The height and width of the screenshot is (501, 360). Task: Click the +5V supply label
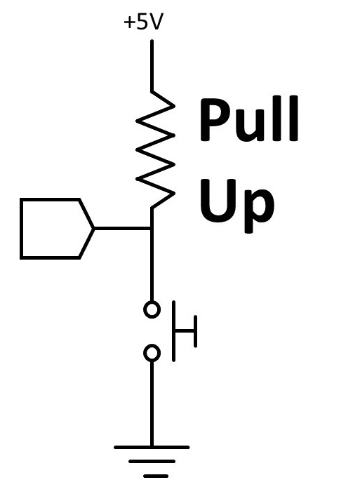click(x=143, y=22)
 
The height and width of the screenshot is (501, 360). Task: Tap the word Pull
click(x=249, y=119)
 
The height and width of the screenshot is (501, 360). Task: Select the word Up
click(x=236, y=204)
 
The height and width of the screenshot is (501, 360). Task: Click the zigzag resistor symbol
click(x=156, y=149)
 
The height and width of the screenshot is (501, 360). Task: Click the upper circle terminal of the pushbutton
click(x=152, y=309)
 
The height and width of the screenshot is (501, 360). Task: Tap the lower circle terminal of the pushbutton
click(x=152, y=353)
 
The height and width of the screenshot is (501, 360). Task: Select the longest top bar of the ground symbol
click(x=152, y=448)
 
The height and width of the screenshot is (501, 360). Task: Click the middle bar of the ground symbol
click(x=152, y=462)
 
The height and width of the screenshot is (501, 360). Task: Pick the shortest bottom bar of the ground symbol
click(x=156, y=476)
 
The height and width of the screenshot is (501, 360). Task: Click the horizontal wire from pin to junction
click(x=122, y=229)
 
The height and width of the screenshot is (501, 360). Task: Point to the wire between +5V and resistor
click(x=152, y=66)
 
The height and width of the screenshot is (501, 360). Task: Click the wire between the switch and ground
click(x=152, y=403)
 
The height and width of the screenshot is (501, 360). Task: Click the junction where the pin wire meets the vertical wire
click(x=152, y=229)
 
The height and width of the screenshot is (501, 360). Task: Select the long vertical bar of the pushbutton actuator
click(x=174, y=331)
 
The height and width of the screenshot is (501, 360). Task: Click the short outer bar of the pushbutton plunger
click(x=195, y=331)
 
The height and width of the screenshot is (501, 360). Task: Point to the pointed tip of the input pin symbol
click(x=94, y=229)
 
